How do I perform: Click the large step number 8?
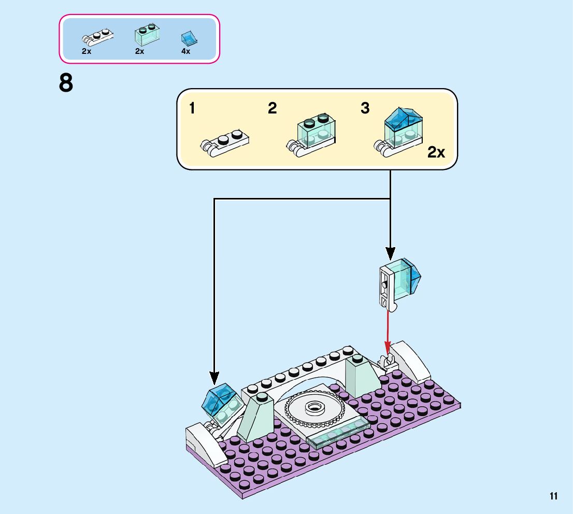66,83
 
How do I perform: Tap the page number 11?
554,496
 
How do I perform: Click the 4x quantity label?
186,51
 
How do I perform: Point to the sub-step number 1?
192,108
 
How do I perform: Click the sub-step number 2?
273,108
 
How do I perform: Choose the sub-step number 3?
365,108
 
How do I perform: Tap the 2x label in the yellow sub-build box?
436,152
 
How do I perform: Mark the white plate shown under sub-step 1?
225,141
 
